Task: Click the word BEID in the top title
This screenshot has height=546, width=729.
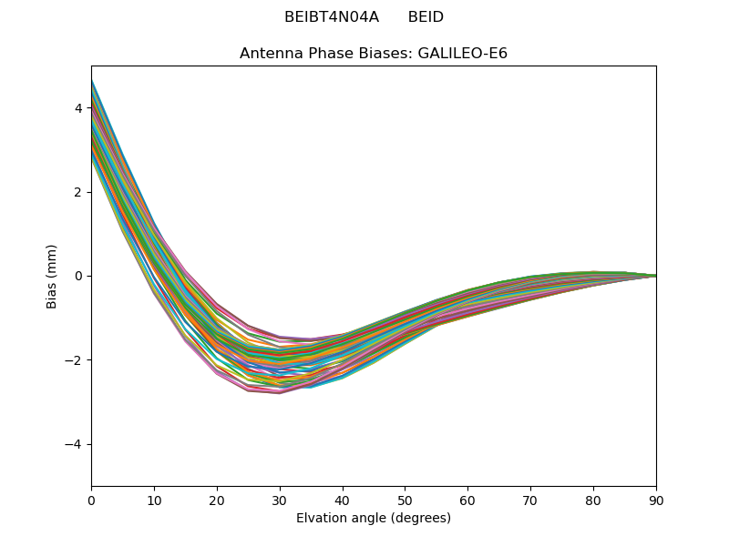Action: pos(426,17)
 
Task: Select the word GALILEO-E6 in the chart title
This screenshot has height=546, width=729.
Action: pos(463,54)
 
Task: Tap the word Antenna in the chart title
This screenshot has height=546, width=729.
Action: pos(268,54)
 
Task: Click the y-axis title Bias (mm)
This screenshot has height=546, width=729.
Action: pos(52,276)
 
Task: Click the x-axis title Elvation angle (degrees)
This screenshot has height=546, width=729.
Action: pos(374,519)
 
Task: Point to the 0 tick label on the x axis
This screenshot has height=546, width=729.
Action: pos(91,500)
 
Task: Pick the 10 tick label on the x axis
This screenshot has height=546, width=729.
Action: pos(154,500)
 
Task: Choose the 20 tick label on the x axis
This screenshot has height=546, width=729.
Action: pos(217,500)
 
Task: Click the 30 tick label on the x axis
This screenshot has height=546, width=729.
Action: pos(280,500)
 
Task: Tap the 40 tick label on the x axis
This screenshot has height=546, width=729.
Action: pos(343,500)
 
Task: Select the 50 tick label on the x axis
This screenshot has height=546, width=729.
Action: pos(405,500)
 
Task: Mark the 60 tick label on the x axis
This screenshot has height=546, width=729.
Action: pos(467,500)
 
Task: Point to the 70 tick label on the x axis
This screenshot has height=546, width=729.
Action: pos(530,500)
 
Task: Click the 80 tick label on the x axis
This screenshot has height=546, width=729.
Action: pos(593,500)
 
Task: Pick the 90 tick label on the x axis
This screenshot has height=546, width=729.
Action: pos(656,500)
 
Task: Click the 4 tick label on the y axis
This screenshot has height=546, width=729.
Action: pos(78,108)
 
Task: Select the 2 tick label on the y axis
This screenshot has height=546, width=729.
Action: pos(78,192)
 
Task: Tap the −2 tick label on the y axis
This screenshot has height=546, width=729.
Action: pos(75,360)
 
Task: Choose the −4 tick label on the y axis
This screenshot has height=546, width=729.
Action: pos(75,444)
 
